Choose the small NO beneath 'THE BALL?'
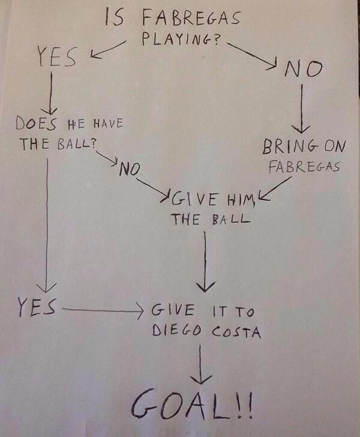pos(128,169)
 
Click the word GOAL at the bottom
pos(180,408)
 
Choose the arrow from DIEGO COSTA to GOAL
pos(200,364)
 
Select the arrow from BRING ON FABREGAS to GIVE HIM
pos(274,191)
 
